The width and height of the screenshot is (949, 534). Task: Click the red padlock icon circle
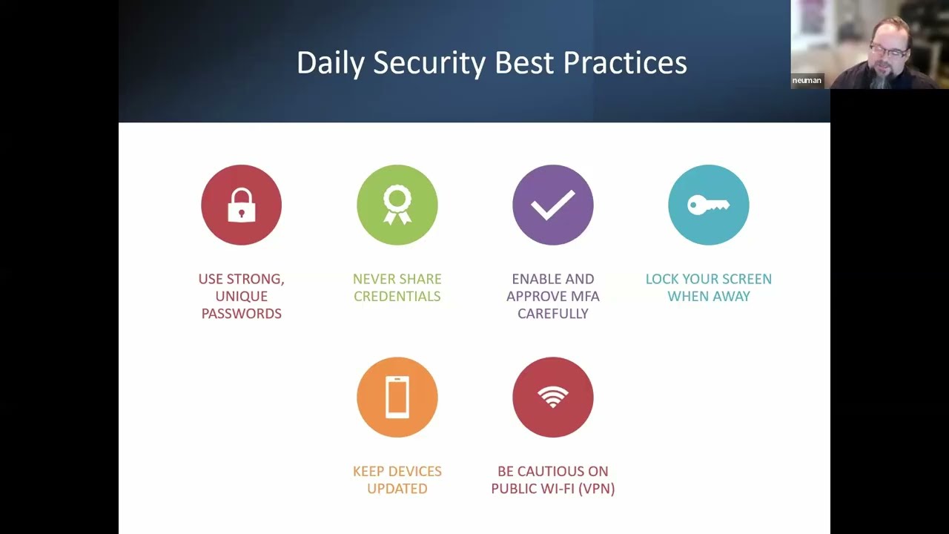click(x=241, y=205)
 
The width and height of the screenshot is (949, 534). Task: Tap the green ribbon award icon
click(x=397, y=205)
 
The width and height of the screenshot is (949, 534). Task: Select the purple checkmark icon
click(x=552, y=205)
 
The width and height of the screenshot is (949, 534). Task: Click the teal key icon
click(x=708, y=205)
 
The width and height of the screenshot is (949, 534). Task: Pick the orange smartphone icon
click(x=397, y=398)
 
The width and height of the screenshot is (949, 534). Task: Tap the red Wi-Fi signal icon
click(x=552, y=398)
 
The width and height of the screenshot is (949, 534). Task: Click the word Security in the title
click(x=429, y=63)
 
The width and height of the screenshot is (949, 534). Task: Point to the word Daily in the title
click(x=330, y=63)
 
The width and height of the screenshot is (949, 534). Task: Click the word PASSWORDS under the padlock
click(x=241, y=314)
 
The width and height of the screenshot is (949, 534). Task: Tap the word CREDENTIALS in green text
click(x=397, y=297)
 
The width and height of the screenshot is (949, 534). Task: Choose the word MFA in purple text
click(x=585, y=297)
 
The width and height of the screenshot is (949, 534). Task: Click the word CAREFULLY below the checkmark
click(x=552, y=314)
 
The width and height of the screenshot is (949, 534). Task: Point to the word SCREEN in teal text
click(x=746, y=280)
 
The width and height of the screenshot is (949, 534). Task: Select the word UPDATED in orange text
click(x=397, y=489)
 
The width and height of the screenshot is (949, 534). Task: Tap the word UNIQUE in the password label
click(x=241, y=297)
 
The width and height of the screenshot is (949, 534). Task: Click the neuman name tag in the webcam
click(x=807, y=80)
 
